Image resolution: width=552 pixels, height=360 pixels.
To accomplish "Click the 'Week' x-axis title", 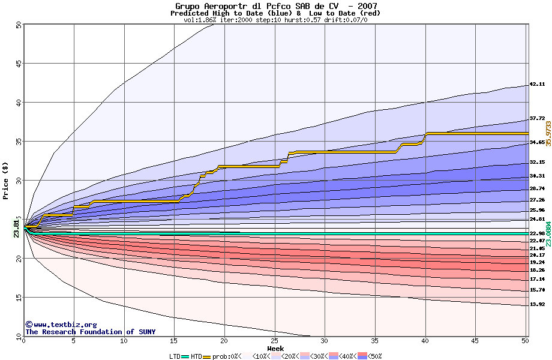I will [275, 348].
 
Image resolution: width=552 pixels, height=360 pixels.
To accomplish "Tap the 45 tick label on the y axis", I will [18, 64].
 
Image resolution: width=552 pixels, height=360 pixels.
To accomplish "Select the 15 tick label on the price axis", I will [18, 297].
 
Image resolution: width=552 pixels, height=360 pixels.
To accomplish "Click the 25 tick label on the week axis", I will [275, 341].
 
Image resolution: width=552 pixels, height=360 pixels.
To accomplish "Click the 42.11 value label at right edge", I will [537, 85].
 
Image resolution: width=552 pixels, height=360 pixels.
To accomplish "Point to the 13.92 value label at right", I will [537, 304].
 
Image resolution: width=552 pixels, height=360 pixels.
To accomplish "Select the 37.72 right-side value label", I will [537, 119].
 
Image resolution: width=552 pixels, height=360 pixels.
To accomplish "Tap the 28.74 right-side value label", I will [537, 188].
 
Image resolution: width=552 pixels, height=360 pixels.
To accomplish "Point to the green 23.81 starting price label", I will [16, 229].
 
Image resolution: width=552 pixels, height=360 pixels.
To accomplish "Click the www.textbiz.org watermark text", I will [61, 324].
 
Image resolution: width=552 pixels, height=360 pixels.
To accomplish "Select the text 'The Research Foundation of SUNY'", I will [90, 332].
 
